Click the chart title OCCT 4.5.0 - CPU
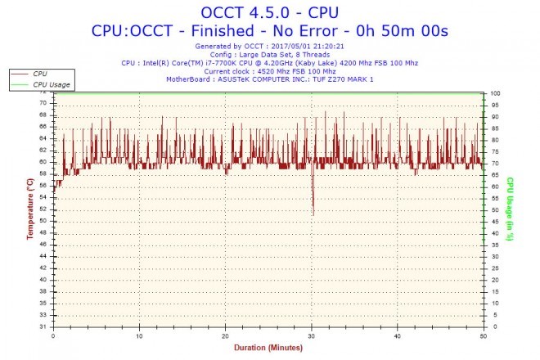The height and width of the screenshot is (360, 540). [269, 11]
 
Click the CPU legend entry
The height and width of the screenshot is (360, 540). [39, 74]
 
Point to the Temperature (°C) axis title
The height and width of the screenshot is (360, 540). [29, 210]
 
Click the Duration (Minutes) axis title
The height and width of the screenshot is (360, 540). [269, 347]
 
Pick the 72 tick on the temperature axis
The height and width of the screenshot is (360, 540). [43, 92]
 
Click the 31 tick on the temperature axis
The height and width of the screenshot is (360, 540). [43, 326]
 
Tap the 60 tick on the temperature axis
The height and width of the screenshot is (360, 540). [43, 162]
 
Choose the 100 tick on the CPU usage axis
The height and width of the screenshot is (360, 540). [496, 93]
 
